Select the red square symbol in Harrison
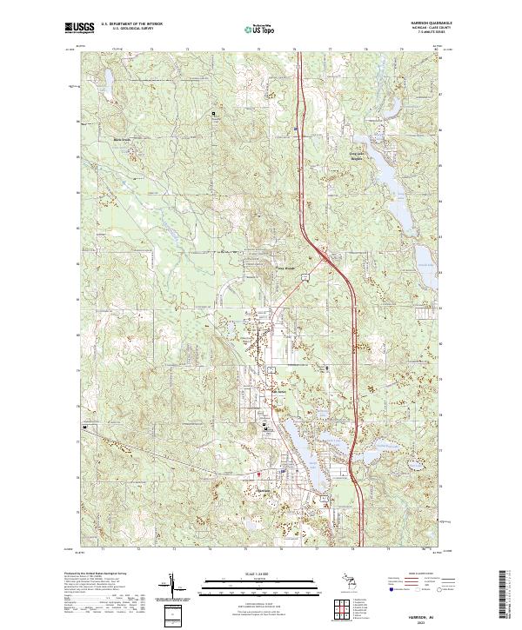(x=258, y=474)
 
